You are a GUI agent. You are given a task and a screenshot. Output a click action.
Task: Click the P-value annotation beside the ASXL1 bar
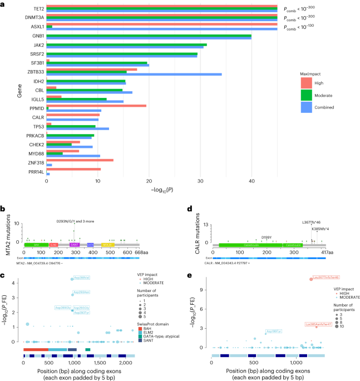[x=304, y=27]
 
